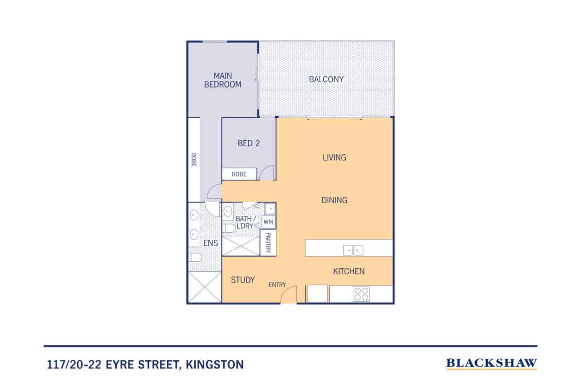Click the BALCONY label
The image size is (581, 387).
pos(326,79)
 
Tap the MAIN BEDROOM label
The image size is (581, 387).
pos(222,80)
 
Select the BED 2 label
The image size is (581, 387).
pos(249,143)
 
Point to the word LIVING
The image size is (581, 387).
pos(334,157)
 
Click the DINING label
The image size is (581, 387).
pos(335,200)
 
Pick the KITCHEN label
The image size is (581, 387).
pos(349,271)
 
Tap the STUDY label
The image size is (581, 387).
pos(243,279)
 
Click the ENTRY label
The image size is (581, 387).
pos(277,284)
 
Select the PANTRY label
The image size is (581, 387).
pos(268,243)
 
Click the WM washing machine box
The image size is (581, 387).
pos(268,222)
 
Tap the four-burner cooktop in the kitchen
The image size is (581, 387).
pos(361,294)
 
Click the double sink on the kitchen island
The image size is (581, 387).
pos(353,250)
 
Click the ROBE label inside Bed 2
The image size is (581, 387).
pos(239,174)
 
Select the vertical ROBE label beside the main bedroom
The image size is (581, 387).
pos(193,160)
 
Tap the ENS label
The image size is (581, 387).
pos(210,243)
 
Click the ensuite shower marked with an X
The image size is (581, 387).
pos(204,287)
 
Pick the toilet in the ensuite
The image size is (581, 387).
pos(195,257)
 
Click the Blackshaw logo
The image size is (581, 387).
pos(491,363)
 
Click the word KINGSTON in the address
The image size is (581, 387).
pos(215,364)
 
